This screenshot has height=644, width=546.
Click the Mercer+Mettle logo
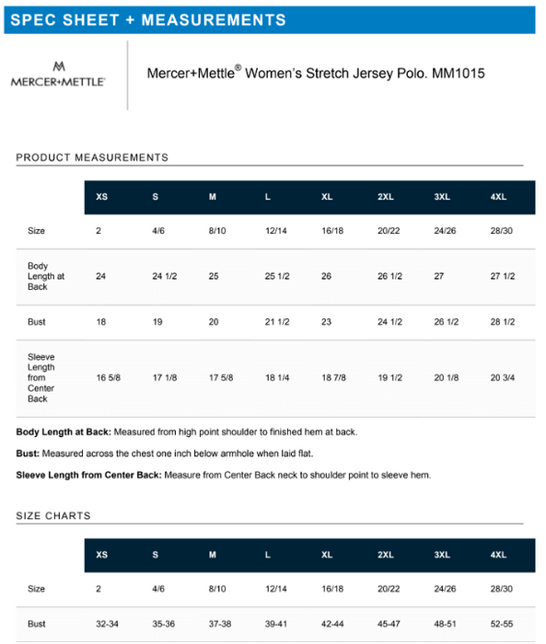pyautogui.click(x=58, y=75)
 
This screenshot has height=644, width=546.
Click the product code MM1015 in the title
pyautogui.click(x=463, y=74)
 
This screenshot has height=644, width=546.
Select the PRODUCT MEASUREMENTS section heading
pyautogui.click(x=92, y=157)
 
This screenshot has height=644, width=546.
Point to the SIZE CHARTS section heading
pyautogui.click(x=53, y=515)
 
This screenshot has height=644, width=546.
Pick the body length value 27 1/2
pyautogui.click(x=503, y=276)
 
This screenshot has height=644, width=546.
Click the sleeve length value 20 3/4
pyautogui.click(x=503, y=377)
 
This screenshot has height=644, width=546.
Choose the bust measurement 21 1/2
pyautogui.click(x=277, y=322)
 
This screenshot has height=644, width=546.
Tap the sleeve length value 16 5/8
pyautogui.click(x=109, y=377)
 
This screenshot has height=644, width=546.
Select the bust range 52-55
pyautogui.click(x=502, y=624)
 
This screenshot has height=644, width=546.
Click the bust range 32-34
pyautogui.click(x=108, y=624)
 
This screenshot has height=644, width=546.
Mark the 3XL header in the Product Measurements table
pyautogui.click(x=442, y=197)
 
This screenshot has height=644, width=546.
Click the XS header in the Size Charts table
pyautogui.click(x=101, y=555)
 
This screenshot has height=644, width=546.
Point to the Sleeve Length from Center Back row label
pyautogui.click(x=41, y=377)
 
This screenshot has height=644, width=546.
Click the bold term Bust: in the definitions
pyautogui.click(x=28, y=454)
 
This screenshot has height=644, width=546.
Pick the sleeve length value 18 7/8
pyautogui.click(x=333, y=377)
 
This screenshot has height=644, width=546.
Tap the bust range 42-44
pyautogui.click(x=332, y=624)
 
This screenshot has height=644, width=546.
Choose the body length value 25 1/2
pyautogui.click(x=277, y=276)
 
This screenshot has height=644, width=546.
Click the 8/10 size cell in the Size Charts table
pyautogui.click(x=217, y=589)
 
